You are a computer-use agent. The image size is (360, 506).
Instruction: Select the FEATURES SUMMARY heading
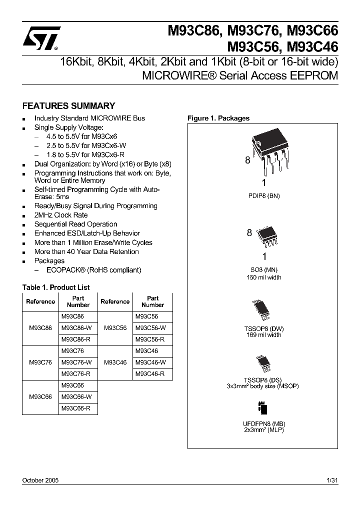point(69,106)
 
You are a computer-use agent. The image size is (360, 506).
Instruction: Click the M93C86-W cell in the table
point(76,328)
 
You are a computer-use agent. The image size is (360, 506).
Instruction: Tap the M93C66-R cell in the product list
point(76,408)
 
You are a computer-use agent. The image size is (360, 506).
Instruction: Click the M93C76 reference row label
point(40,362)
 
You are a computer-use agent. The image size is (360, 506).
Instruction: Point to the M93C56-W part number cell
point(150,328)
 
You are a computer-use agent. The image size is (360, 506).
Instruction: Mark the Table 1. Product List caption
point(56,287)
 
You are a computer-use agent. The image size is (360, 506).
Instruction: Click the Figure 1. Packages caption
point(218,118)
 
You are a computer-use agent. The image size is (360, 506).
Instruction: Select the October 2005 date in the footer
point(40,480)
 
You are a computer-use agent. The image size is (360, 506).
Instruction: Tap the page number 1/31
point(332,480)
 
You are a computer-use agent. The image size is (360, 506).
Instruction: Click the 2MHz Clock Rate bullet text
point(61,215)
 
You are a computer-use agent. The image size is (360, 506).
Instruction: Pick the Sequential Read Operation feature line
point(75,224)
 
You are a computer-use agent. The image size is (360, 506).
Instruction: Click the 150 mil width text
point(263,277)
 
